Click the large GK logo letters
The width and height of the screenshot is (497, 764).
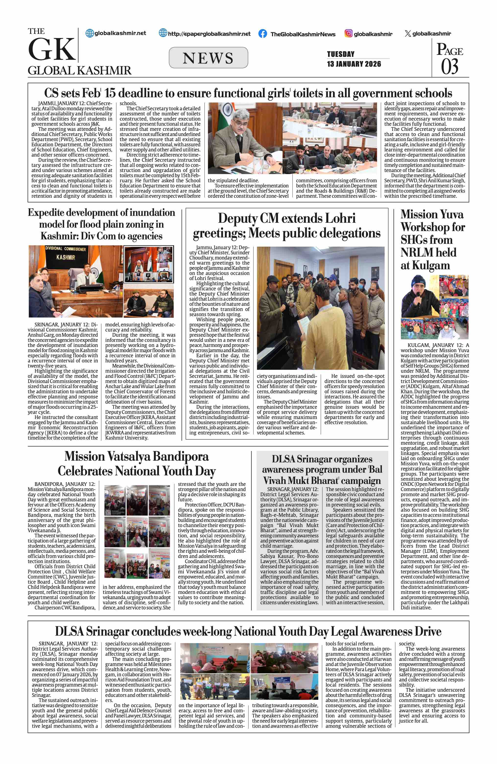click(x=51, y=49)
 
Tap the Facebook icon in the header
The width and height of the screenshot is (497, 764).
click(x=263, y=34)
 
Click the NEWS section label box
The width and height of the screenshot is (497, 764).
click(x=208, y=58)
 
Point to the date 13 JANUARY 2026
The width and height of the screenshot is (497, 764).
click(x=354, y=64)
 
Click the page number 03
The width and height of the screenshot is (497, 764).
click(x=450, y=66)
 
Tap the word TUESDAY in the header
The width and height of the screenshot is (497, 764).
click(x=341, y=54)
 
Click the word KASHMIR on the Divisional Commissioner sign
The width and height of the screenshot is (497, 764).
click(x=65, y=258)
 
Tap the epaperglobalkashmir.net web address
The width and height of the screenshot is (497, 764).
click(x=209, y=34)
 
